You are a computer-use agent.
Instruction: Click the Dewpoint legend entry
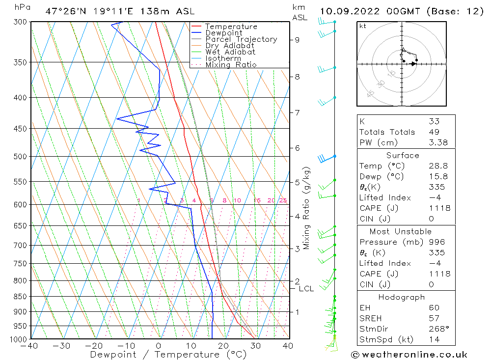pos(223,33)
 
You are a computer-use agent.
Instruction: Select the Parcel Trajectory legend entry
pos(241,39)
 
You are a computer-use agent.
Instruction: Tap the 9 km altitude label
pos(298,40)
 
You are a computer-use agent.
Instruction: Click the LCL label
pos(306,289)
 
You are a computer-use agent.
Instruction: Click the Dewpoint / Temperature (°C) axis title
pos(168,354)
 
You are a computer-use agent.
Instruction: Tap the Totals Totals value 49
pos(434,132)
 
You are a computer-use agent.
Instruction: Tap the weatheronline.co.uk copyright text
pos(409,355)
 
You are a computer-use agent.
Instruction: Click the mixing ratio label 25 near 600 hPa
pos(283,200)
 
